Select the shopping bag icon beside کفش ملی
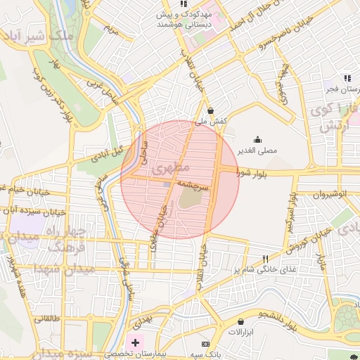[211, 110]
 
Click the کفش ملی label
[212, 122]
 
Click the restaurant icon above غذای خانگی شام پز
[264, 259]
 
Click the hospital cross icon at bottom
[135, 342]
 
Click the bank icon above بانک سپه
[205, 343]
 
